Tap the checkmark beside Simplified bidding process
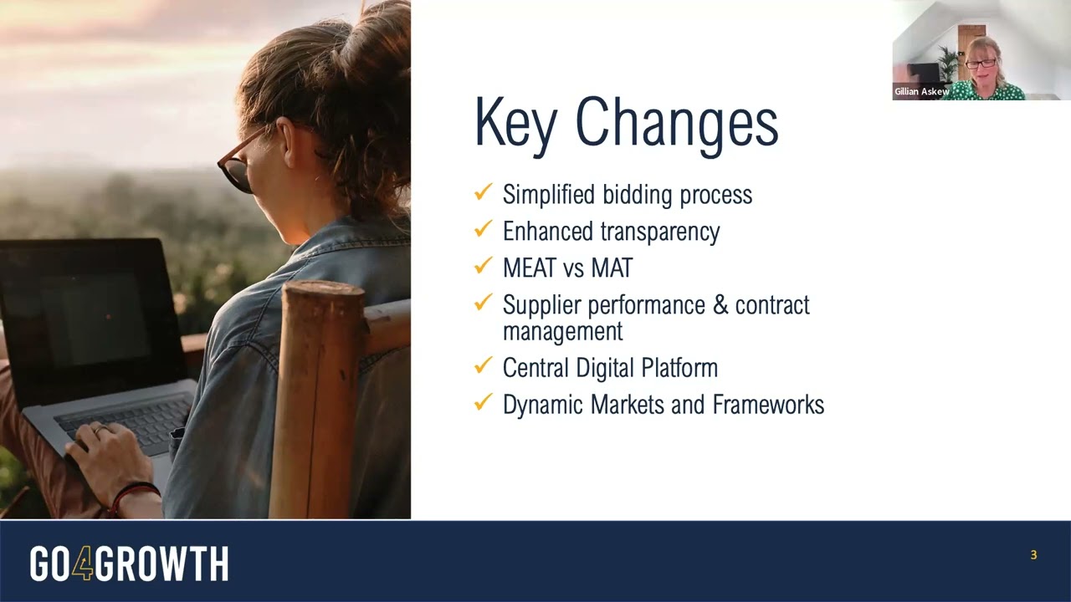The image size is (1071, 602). [x=483, y=191]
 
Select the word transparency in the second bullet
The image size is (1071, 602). [x=660, y=232]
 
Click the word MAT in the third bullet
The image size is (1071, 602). [x=612, y=268]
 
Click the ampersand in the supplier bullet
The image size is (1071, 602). [x=720, y=304]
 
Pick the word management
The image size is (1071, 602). [x=563, y=331]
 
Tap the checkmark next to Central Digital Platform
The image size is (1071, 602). [x=483, y=365]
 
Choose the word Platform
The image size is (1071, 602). [x=679, y=368]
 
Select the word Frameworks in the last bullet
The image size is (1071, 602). [x=768, y=404]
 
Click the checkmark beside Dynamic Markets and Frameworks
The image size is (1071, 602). [x=483, y=402]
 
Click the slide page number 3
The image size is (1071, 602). [x=1033, y=554]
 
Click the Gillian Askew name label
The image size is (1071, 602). [x=922, y=91]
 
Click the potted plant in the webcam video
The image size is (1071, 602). [x=945, y=63]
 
